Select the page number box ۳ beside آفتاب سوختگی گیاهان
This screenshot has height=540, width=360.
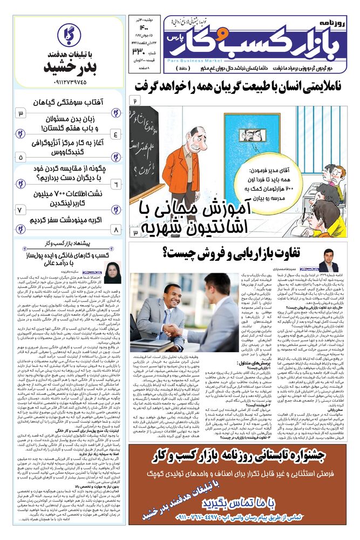[21, 113]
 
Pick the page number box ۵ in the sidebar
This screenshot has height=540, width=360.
[21, 157]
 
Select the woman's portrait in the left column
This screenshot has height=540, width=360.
[113, 273]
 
